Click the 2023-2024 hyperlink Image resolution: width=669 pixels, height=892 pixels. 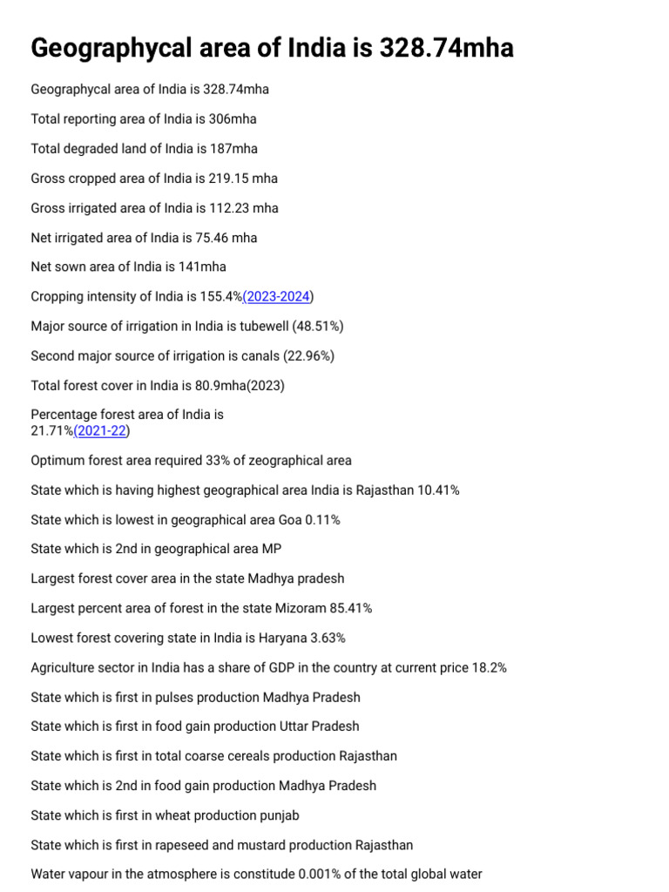[x=278, y=297]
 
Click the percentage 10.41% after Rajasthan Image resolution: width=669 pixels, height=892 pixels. [x=438, y=490]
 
